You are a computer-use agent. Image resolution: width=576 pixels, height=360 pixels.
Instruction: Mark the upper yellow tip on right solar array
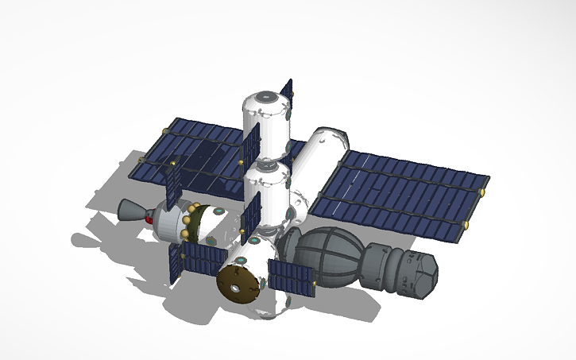482,192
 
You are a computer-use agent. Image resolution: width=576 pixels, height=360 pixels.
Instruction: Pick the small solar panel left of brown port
196,259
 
